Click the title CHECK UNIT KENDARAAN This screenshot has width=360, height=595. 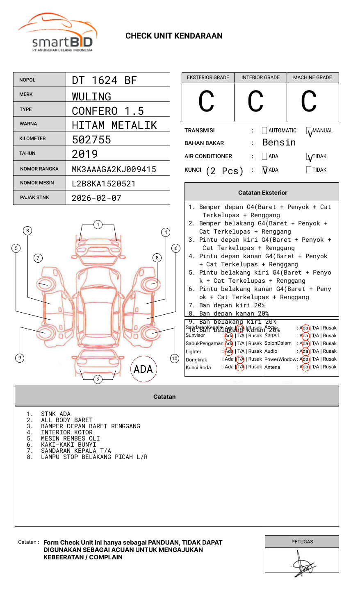coord(174,36)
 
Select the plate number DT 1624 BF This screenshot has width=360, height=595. coord(104,80)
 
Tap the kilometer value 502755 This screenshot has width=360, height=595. coord(91,140)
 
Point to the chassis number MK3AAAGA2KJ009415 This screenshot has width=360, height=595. coord(114,169)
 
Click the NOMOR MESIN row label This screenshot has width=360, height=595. coord(37,183)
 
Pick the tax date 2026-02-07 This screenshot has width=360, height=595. coord(96,198)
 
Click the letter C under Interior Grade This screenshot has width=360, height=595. coord(255,102)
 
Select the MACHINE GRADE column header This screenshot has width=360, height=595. coord(312,77)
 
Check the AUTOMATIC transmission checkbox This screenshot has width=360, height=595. coord(264,131)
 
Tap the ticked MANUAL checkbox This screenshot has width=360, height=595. coord(309,131)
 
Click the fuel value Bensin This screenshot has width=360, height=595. coord(279,143)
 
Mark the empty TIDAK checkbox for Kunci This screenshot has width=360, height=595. coord(309,170)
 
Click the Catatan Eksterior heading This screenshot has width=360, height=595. coord(262,193)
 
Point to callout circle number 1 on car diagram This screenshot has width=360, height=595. coord(98,225)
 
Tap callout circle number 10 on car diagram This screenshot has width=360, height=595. coord(175,359)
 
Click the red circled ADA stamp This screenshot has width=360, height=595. coord(143,369)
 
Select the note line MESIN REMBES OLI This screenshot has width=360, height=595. coord(70,438)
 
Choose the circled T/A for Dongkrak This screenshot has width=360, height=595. coord(240,359)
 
